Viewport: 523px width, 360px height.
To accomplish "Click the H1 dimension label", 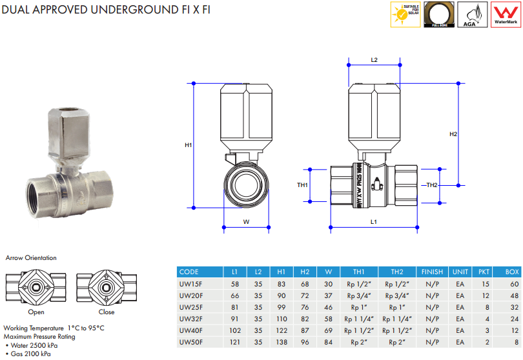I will [189, 146].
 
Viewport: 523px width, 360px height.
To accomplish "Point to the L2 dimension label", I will [374, 59].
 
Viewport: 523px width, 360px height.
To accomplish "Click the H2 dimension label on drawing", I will [453, 134].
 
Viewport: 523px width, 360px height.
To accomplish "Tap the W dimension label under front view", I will [246, 222].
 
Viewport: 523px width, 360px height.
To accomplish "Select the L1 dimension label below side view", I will [374, 222].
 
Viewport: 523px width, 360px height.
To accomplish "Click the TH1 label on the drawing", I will [302, 185].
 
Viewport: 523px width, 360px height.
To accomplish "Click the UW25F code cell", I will [190, 307].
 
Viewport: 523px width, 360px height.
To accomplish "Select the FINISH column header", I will [432, 272].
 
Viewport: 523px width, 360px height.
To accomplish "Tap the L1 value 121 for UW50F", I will [234, 343].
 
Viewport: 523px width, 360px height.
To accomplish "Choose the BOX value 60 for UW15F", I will [514, 284].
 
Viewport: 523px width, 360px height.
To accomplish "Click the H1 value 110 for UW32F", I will [282, 319].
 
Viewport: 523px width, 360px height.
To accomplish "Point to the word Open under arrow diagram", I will [36, 312].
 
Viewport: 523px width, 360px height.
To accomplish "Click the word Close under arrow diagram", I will [107, 312].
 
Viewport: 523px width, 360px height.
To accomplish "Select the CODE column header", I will [189, 272].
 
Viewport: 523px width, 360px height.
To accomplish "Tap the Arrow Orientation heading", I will [31, 258].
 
